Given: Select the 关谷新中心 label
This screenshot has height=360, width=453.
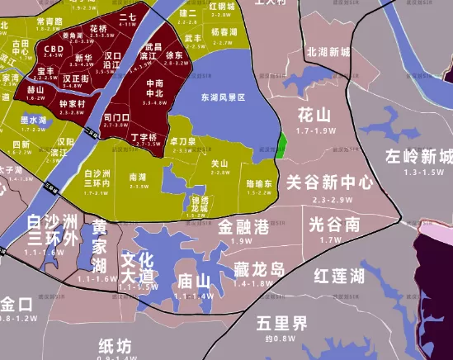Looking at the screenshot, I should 329,182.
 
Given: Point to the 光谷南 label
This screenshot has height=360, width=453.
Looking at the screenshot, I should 334,224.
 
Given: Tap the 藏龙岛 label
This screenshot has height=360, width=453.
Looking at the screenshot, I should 258,269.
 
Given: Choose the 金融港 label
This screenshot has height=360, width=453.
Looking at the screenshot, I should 243,226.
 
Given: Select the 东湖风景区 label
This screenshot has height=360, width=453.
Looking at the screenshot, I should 223,97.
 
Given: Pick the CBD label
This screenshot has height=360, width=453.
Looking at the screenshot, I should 54,50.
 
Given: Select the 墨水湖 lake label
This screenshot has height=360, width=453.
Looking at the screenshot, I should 34,121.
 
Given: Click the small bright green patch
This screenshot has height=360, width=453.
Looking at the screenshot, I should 281,145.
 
